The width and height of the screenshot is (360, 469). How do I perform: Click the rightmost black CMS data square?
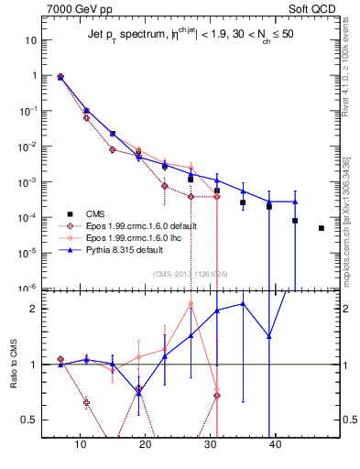[x=322, y=228]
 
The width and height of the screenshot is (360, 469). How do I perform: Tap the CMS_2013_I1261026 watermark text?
[x=191, y=273]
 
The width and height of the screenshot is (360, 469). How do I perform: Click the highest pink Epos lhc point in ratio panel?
[x=191, y=303]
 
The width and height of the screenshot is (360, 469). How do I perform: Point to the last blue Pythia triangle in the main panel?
[x=296, y=202]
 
